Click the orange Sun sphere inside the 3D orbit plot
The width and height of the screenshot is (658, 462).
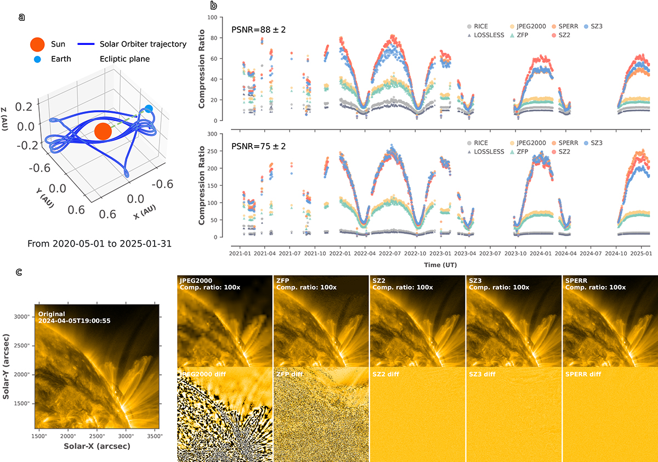point(102,132)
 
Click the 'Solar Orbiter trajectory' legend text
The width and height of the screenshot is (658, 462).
point(143,44)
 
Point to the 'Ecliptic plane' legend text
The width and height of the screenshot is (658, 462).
point(124,59)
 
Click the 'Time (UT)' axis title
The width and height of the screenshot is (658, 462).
point(440,265)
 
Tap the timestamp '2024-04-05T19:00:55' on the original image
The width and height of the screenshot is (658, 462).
point(75,321)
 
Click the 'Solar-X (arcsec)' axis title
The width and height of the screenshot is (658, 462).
point(97,447)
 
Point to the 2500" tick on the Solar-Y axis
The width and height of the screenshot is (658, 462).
point(21,345)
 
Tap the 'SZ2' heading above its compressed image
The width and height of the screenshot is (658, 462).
point(378,280)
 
